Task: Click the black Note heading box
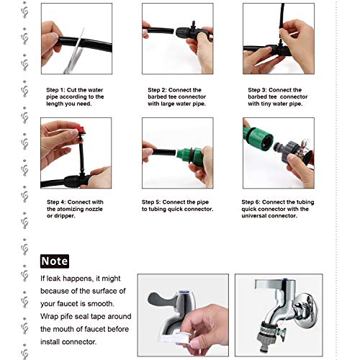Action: coord(55,261)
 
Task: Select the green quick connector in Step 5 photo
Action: coord(190,154)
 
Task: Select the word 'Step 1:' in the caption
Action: coord(55,90)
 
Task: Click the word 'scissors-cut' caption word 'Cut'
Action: coord(72,90)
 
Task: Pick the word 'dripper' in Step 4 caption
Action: coord(64,216)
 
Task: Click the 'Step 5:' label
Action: coord(151,202)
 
